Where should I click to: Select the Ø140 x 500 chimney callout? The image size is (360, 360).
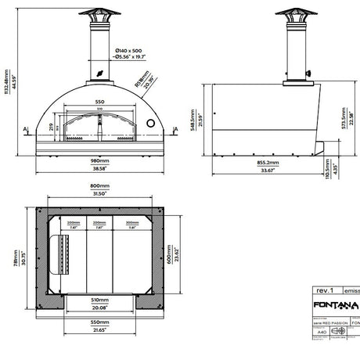pyautogui.click(x=127, y=49)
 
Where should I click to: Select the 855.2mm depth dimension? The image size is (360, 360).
pyautogui.click(x=268, y=163)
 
